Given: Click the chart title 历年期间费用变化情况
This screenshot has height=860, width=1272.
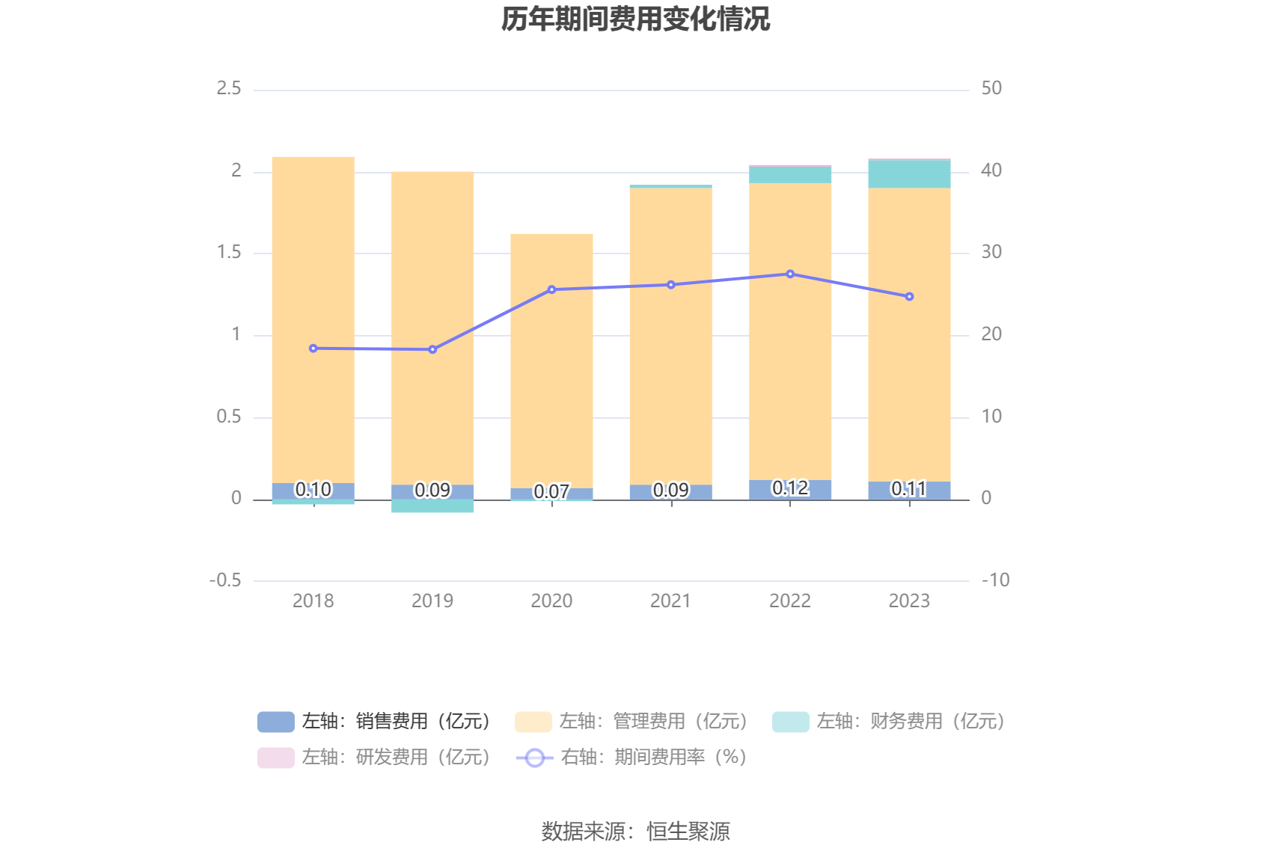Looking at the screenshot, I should tap(635, 19).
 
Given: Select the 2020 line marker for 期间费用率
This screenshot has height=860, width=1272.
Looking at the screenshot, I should tap(551, 289).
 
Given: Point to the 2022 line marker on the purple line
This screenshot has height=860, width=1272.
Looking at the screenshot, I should tap(790, 274).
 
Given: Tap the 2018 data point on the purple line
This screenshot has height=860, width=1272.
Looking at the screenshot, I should tap(314, 348).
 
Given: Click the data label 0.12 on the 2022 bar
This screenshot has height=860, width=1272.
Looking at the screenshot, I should tap(790, 488).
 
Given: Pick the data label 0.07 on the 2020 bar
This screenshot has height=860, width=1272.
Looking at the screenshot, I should tap(551, 492).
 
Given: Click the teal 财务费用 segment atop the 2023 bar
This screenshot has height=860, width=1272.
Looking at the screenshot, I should tap(909, 174).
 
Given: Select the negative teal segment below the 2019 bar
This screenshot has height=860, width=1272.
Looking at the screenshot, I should tap(432, 506).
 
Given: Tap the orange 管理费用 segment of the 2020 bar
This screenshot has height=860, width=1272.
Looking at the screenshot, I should tap(551, 359).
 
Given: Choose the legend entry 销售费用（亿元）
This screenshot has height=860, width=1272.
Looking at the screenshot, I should tap(374, 722).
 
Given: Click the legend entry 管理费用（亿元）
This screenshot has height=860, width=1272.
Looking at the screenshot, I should tap(632, 722).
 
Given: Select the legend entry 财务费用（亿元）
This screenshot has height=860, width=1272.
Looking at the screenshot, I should tap(889, 722).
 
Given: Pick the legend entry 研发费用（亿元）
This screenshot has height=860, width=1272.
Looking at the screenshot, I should tap(374, 758).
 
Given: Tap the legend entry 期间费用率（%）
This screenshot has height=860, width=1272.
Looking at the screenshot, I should tap(632, 758).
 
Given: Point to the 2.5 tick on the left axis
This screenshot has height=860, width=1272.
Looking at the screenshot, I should tap(229, 89).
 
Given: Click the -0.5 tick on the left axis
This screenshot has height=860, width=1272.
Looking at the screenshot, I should tap(225, 580).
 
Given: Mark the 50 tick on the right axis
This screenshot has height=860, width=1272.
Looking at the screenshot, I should tap(991, 89).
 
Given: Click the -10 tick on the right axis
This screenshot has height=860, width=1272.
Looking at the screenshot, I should tap(995, 580).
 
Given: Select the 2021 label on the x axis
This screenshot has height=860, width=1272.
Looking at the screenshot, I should tap(670, 601).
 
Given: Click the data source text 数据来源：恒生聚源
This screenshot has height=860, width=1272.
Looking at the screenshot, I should tap(635, 832).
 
